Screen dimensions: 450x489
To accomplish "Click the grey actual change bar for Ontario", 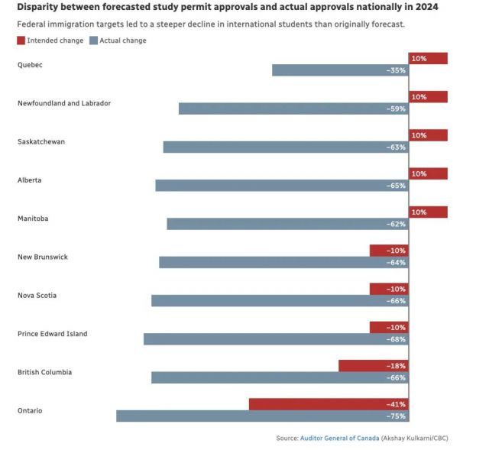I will coord(262,416).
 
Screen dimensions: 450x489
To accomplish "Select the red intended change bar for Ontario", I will coord(329,404).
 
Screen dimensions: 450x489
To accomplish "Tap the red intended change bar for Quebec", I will coord(428,58).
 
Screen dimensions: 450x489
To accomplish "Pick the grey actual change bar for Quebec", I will coord(340,70).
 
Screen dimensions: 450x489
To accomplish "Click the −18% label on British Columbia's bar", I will coord(396,366).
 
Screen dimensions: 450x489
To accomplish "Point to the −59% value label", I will coord(396,109).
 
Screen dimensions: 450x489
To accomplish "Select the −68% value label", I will coord(396,339).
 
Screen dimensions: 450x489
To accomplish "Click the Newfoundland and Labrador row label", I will coord(64,103).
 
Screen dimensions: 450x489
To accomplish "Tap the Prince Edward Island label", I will coord(53,334).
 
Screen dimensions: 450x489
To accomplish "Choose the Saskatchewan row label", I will coord(41,141).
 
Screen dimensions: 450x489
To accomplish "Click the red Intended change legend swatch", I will coord(21,40).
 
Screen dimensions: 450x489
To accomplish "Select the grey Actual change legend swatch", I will coord(93,40).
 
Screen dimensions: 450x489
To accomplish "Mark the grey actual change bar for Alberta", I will coord(282,186).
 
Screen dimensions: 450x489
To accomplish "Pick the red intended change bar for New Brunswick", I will coord(389,251).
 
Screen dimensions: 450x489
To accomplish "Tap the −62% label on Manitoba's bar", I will coord(396,225).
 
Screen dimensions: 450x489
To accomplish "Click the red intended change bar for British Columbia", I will coord(374,366).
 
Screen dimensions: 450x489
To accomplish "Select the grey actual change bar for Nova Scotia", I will coord(280,301).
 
